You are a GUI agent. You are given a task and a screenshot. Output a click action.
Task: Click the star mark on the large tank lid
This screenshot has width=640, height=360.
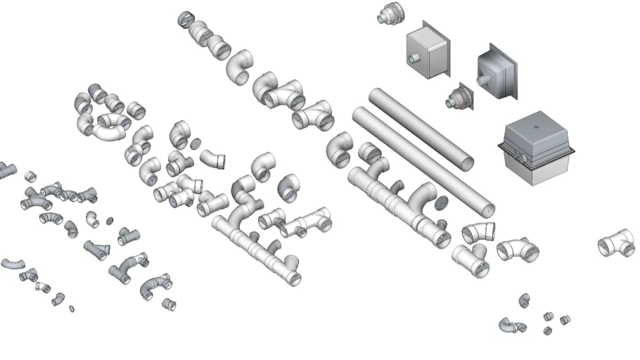[536, 127]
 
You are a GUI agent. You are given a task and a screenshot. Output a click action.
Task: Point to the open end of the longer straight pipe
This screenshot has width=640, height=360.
[466, 165]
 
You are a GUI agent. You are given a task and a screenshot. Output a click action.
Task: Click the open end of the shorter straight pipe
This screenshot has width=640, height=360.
[487, 209]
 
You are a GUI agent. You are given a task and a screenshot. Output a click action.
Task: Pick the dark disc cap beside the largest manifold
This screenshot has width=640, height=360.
[442, 204]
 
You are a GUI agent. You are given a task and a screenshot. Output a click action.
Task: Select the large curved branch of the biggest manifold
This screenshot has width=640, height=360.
[427, 196]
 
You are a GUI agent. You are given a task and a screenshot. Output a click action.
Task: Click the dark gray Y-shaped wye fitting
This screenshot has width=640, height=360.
[96, 250]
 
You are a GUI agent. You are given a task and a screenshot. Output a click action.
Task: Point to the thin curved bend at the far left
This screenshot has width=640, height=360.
[12, 264]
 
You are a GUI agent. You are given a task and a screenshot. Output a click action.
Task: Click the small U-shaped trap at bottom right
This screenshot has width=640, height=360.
[510, 326]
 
